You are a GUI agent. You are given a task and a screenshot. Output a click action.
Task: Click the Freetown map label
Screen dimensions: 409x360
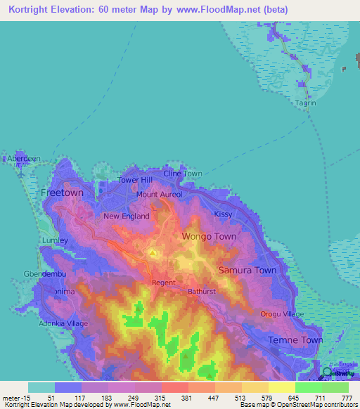point(62,192)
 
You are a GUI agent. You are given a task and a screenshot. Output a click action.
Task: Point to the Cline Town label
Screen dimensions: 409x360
point(183,174)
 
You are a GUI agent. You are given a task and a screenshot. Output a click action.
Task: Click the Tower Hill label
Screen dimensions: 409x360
point(134,180)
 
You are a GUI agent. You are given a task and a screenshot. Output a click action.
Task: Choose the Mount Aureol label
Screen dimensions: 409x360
point(159,194)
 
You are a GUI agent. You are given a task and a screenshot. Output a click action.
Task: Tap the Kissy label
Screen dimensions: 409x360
point(223,213)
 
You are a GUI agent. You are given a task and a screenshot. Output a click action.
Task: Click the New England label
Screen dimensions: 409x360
point(127,216)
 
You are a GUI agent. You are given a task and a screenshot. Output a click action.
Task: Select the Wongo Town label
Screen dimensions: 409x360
point(210,237)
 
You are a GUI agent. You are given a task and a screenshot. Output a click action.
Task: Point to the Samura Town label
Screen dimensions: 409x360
point(247,270)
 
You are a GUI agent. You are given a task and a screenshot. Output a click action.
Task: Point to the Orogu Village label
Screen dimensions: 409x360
point(282,314)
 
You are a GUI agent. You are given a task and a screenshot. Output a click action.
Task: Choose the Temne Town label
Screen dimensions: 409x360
point(295,340)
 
